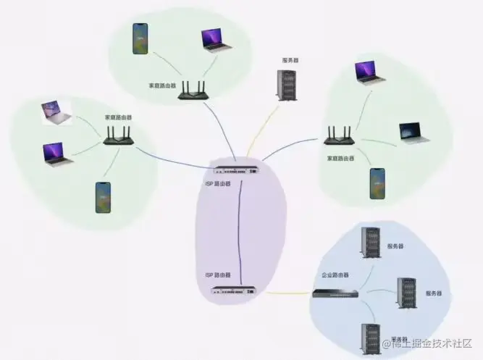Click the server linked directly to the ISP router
coord(287,84)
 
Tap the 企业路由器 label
coord(335,276)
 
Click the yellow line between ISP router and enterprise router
coord(284,293)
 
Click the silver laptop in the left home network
coord(56,112)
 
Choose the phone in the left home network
coord(103,197)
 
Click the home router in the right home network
coord(337,135)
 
